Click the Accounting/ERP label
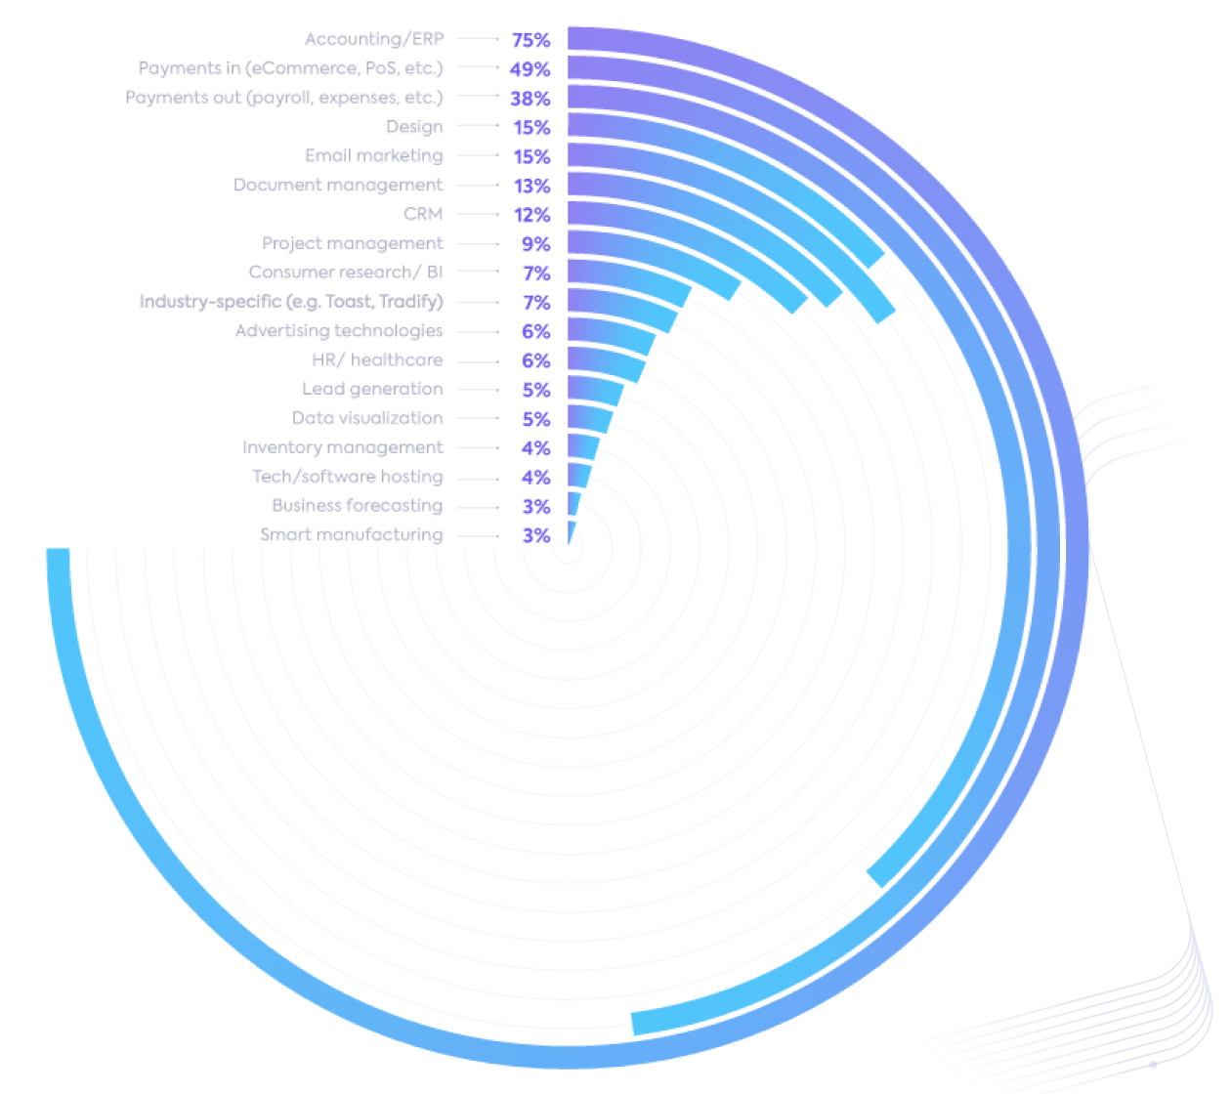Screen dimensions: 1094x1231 point(374,39)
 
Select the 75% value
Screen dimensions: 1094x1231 point(531,40)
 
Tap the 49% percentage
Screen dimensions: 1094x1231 point(530,69)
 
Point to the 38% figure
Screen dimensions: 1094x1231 point(530,99)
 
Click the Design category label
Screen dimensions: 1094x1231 point(414,127)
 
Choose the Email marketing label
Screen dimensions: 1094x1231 point(373,156)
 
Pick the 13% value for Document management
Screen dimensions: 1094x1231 point(531,186)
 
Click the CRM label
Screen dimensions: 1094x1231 point(423,214)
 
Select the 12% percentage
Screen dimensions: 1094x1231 point(531,215)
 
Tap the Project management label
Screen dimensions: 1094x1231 point(352,243)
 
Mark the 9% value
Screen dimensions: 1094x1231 point(535,244)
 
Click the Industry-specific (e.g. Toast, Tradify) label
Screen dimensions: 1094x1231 point(291,302)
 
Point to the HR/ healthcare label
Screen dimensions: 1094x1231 point(377,360)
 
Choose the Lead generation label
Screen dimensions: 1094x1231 point(372,389)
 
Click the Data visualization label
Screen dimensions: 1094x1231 point(367,418)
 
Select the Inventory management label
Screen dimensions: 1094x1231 point(342,447)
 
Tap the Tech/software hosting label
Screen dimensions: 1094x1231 point(348,477)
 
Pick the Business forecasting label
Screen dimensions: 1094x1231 point(357,506)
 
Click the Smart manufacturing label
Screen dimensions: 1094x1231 point(351,535)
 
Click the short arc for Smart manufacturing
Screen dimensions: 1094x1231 point(571,533)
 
